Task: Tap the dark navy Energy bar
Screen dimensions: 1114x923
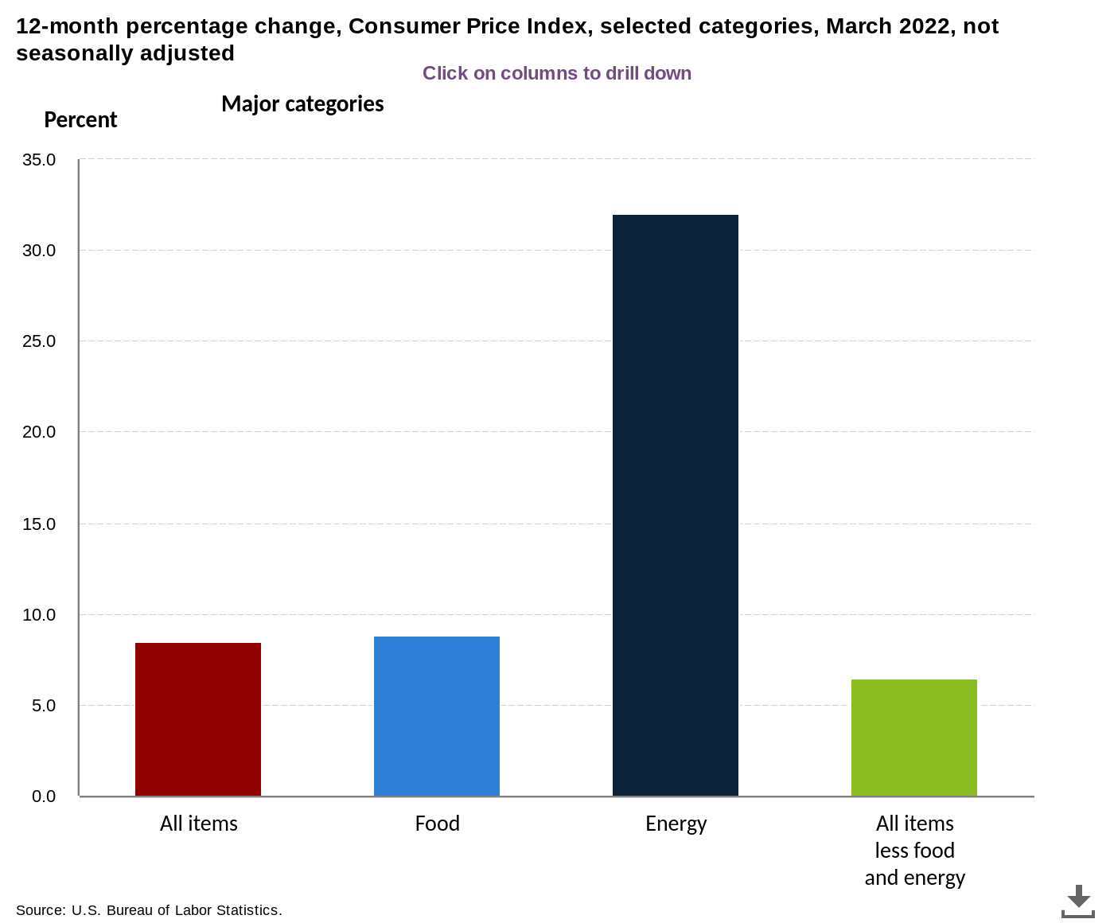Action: pyautogui.click(x=675, y=505)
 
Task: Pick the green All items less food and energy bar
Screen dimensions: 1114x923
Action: pyautogui.click(x=914, y=738)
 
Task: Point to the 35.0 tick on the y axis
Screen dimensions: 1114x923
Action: pyautogui.click(x=39, y=159)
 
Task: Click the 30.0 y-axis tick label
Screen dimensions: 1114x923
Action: pyautogui.click(x=39, y=250)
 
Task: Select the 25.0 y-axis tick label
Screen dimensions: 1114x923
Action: pyautogui.click(x=39, y=341)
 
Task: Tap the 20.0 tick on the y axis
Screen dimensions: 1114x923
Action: pyautogui.click(x=39, y=431)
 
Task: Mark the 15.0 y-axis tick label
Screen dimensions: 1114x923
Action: pyautogui.click(x=39, y=524)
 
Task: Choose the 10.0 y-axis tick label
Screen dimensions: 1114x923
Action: pyautogui.click(x=39, y=614)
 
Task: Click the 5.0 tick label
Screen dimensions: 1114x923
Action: pyautogui.click(x=43, y=705)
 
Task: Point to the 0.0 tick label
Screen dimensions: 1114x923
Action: pyautogui.click(x=43, y=796)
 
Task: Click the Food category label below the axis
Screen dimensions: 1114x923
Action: pyautogui.click(x=437, y=824)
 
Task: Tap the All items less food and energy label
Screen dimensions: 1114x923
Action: pyautogui.click(x=914, y=851)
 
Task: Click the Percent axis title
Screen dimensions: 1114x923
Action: pyautogui.click(x=80, y=119)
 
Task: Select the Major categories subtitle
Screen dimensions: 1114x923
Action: pyautogui.click(x=302, y=104)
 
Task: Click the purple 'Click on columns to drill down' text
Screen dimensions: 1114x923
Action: pyautogui.click(x=557, y=73)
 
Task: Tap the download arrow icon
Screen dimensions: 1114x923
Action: pyautogui.click(x=1077, y=901)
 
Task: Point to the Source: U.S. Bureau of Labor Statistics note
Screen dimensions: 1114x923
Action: pyautogui.click(x=149, y=909)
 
